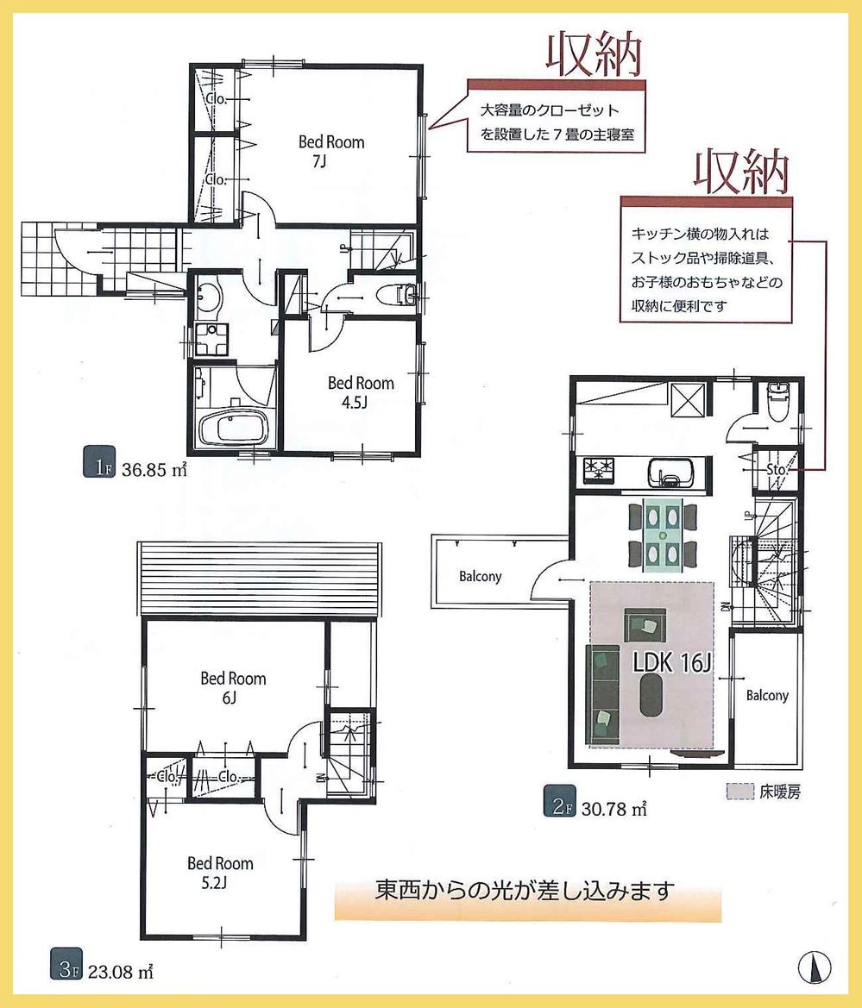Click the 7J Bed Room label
point(331,150)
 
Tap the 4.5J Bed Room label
point(360,391)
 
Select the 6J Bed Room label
point(233,687)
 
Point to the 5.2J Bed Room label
point(220,872)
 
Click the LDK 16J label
point(670,663)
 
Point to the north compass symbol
point(812,967)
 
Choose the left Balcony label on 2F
point(480,576)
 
